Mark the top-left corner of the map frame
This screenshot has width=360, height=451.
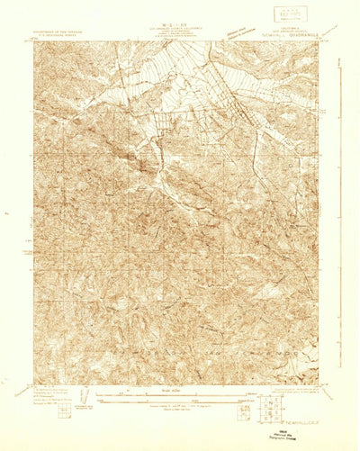tap(34, 41)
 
